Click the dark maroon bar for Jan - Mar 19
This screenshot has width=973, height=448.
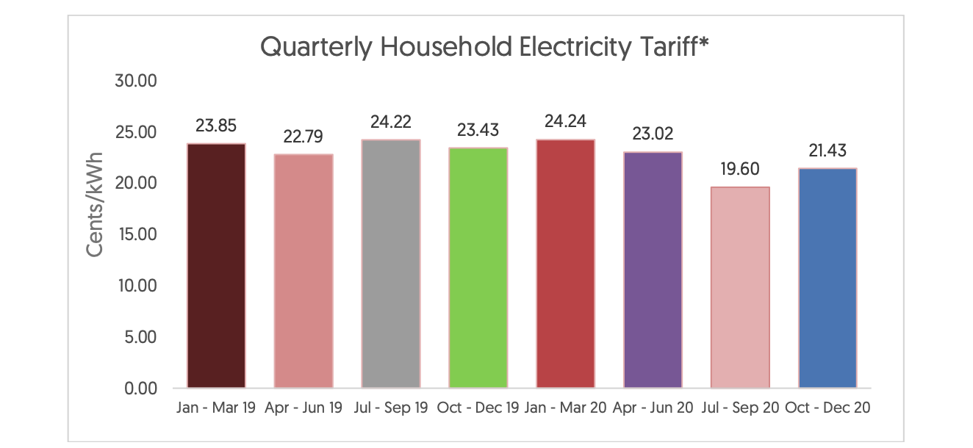click(x=216, y=265)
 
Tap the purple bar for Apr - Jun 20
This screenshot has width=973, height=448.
click(x=653, y=270)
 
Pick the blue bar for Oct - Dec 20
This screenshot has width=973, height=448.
click(x=827, y=278)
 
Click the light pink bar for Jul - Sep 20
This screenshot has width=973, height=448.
click(x=740, y=287)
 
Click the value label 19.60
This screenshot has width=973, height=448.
click(x=740, y=169)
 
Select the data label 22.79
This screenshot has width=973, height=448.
click(x=303, y=137)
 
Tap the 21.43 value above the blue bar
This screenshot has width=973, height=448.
click(x=827, y=151)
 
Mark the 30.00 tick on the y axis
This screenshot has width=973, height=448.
click(x=137, y=80)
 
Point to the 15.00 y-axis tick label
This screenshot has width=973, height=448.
click(x=137, y=234)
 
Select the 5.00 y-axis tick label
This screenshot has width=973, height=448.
click(x=140, y=337)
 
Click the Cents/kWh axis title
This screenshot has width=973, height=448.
click(x=96, y=204)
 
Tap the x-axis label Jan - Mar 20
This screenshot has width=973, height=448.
click(x=565, y=408)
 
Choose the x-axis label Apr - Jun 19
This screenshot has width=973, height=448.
click(x=303, y=408)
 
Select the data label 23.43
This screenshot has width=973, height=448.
click(x=478, y=130)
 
